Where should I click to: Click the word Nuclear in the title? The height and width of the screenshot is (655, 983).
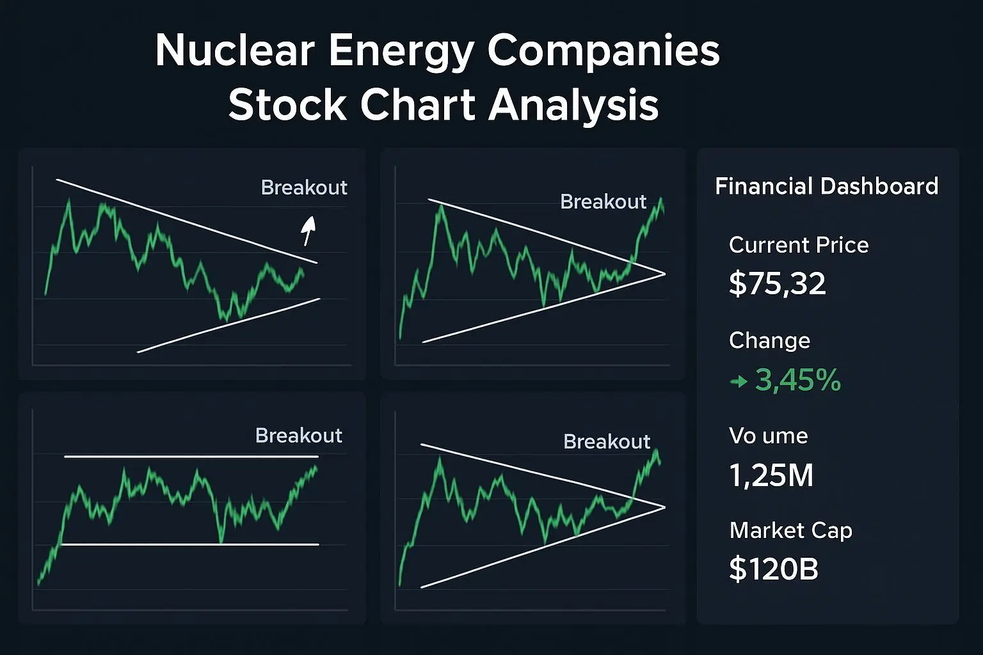pos(235,51)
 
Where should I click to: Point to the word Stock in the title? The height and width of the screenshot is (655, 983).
pos(288,105)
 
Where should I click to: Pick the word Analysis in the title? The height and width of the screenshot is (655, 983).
pos(573,106)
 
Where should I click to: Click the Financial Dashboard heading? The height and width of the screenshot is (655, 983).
pos(826,186)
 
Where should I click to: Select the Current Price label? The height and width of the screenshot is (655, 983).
pos(799,245)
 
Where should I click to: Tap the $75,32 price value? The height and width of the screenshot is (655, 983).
pos(778,283)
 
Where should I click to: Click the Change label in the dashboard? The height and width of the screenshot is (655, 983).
pos(769,340)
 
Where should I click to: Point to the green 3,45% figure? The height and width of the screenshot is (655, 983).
pos(798,381)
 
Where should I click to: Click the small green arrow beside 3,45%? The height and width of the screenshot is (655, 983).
pos(739,382)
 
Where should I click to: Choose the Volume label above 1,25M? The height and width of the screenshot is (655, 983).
pos(768,436)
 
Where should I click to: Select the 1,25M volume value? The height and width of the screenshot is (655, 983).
pos(771,475)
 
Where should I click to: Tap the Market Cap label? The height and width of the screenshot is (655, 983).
pos(790,531)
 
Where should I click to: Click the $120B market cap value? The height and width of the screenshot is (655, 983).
pos(774,569)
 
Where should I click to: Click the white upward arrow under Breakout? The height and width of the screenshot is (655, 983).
pos(309,230)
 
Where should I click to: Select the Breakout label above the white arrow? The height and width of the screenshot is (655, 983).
pos(304,187)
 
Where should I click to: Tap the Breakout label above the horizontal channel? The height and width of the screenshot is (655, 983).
pos(298,436)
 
